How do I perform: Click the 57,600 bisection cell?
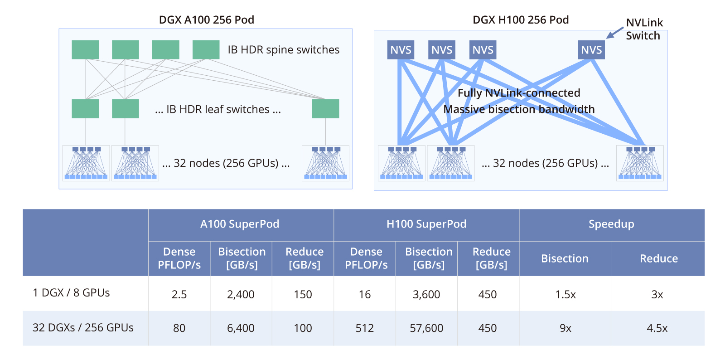pyautogui.click(x=426, y=328)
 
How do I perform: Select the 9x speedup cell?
pyautogui.click(x=565, y=328)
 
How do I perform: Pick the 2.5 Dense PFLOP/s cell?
pyautogui.click(x=179, y=294)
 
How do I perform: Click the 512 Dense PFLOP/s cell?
pyautogui.click(x=364, y=328)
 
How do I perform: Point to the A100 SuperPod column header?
pyautogui.click(x=240, y=224)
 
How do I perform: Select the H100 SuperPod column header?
pyautogui.click(x=426, y=224)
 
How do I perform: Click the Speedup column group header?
pyautogui.click(x=611, y=224)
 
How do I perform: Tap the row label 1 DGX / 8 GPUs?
pyautogui.click(x=71, y=292)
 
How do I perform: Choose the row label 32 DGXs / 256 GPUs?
pyautogui.click(x=83, y=328)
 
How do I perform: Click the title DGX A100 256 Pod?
pyautogui.click(x=207, y=20)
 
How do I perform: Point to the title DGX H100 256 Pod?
pyautogui.click(x=521, y=20)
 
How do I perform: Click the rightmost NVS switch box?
pyautogui.click(x=591, y=50)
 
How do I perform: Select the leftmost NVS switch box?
pyautogui.click(x=401, y=50)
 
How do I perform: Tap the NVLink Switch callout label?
pyautogui.click(x=644, y=29)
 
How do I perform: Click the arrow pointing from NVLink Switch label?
pyautogui.click(x=614, y=33)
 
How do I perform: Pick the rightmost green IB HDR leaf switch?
pyautogui.click(x=326, y=109)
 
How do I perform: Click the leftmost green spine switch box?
pyautogui.click(x=85, y=50)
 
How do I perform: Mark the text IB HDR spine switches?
pyautogui.click(x=284, y=49)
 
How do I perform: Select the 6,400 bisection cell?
pyautogui.click(x=241, y=328)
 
